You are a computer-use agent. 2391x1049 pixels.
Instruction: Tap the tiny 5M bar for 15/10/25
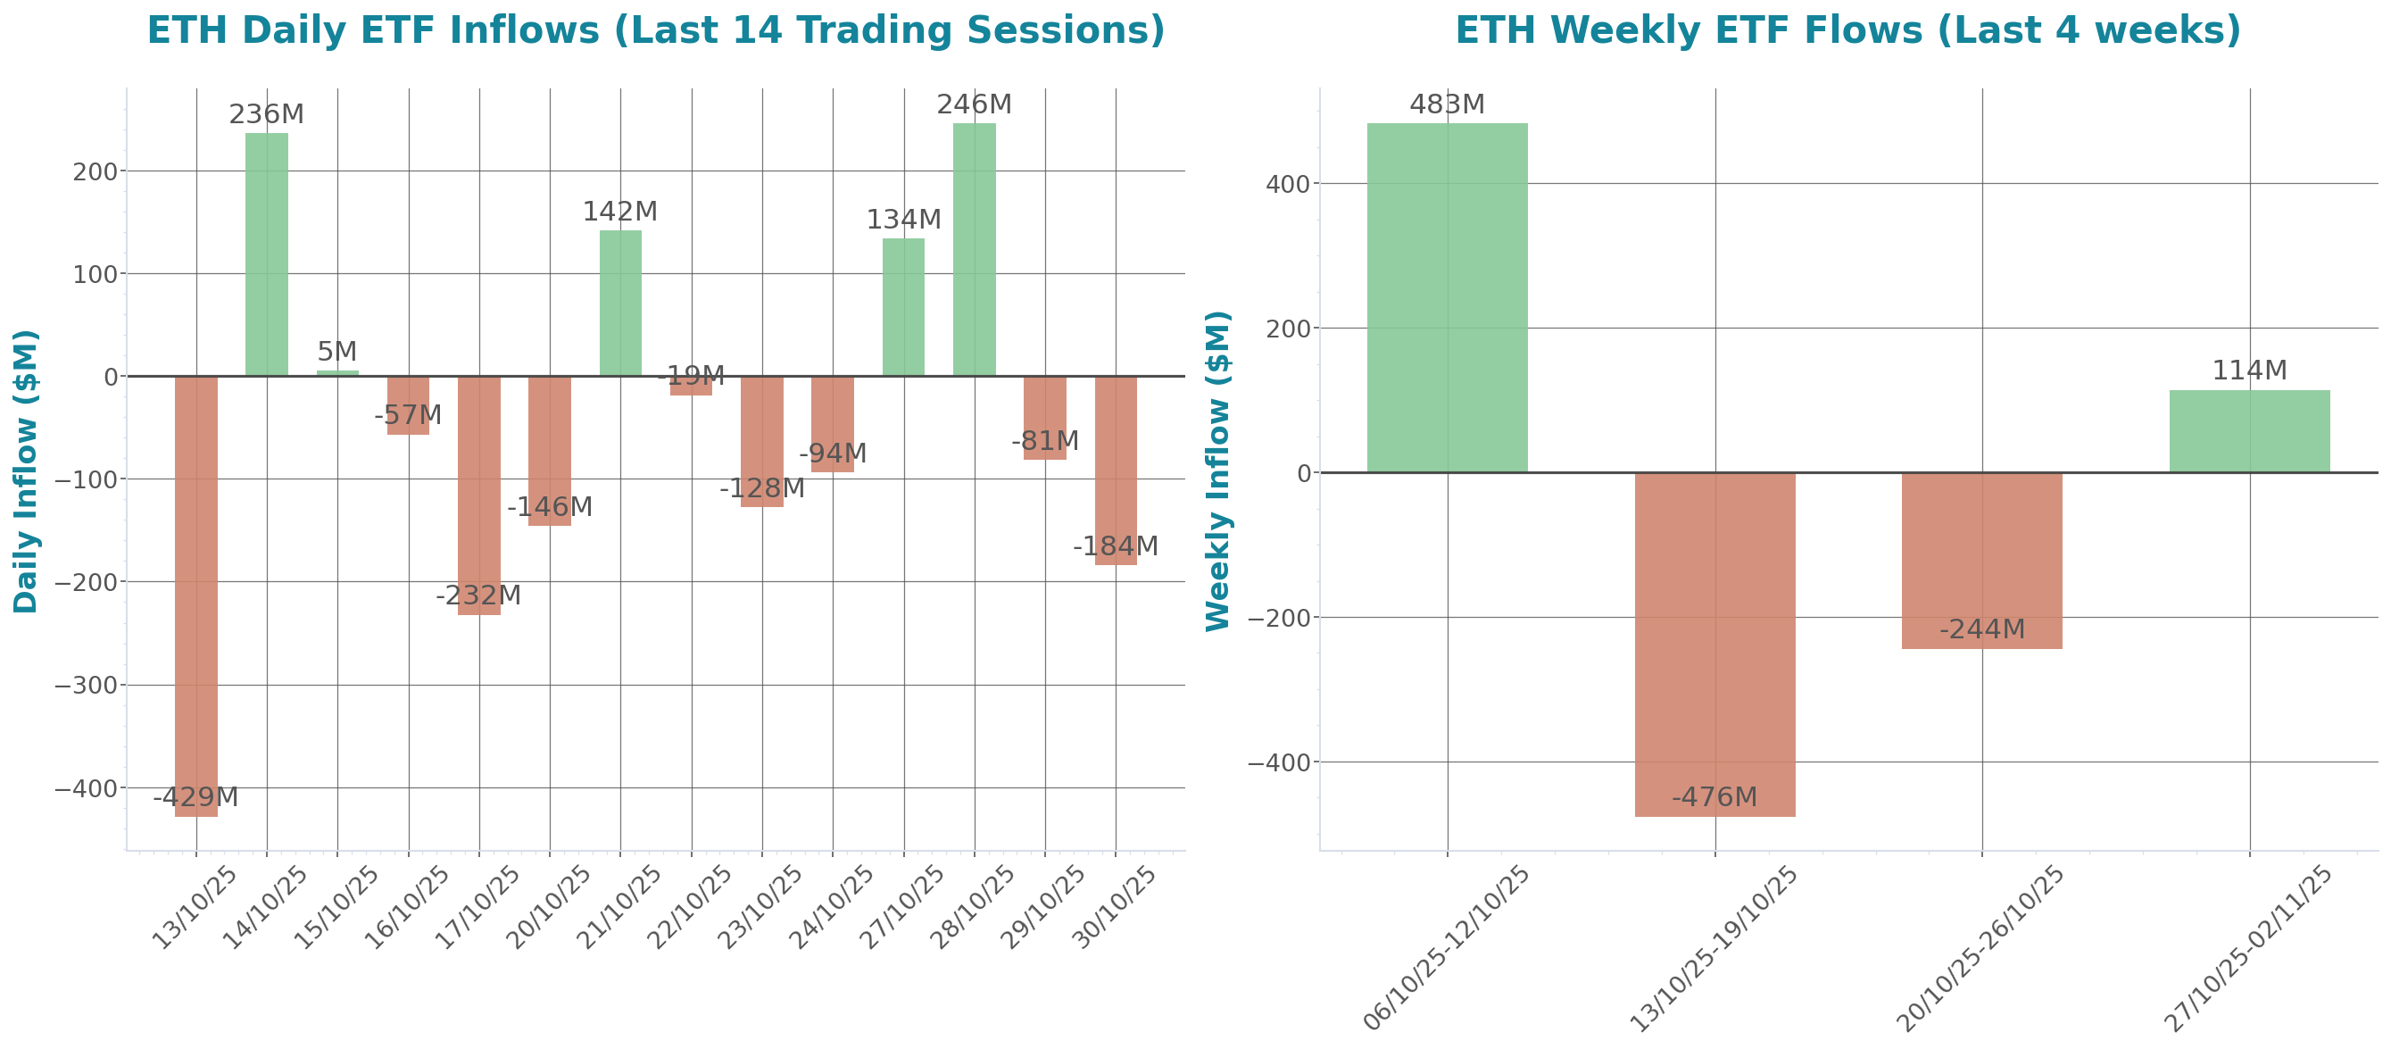point(337,373)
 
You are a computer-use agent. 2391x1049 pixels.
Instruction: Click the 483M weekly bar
point(1446,297)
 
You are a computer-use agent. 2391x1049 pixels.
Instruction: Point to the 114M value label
point(2248,370)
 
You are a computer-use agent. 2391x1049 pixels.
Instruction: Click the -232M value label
point(478,595)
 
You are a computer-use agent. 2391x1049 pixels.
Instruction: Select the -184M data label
point(1115,545)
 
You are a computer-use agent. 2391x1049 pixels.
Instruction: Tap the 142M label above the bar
point(619,212)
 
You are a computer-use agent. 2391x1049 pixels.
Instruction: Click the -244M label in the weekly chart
point(1981,629)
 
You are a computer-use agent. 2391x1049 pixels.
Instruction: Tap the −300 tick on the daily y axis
point(86,685)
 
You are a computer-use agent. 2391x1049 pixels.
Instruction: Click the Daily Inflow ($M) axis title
point(25,470)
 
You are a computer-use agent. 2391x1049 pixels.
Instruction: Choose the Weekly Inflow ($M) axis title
point(1216,470)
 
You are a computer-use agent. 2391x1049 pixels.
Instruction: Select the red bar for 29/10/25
point(1044,418)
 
